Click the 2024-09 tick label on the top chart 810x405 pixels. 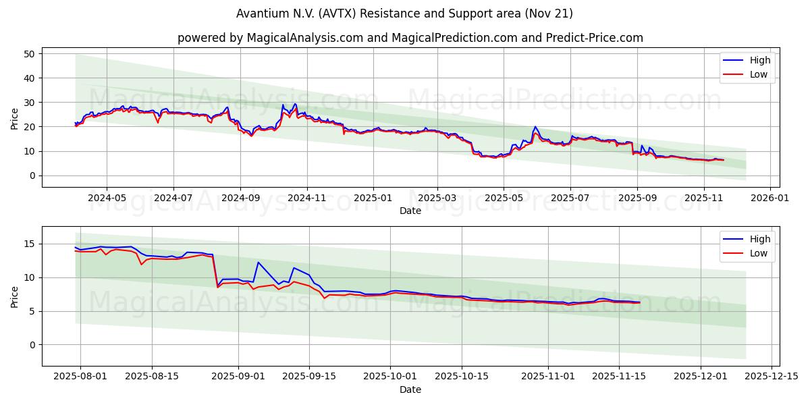240,198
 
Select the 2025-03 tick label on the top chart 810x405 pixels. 437,198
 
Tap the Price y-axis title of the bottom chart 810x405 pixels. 15,296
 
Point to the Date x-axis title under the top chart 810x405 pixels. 410,211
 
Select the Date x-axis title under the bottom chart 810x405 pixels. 410,389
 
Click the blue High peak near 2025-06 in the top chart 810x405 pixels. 535,126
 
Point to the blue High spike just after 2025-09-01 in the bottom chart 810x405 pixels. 258,262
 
